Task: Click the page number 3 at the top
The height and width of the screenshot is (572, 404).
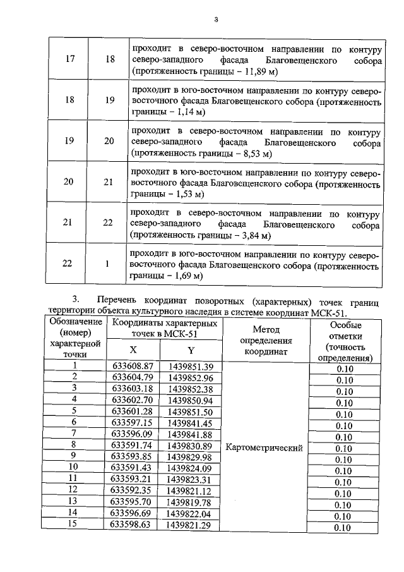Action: (x=215, y=18)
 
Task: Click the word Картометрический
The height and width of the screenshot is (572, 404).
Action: (x=264, y=447)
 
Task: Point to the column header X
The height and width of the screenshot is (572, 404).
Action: (x=133, y=350)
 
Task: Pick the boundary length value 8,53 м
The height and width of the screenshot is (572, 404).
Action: (x=254, y=153)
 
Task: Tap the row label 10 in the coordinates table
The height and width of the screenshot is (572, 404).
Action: (x=74, y=468)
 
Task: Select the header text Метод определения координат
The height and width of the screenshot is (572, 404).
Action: (x=265, y=341)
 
